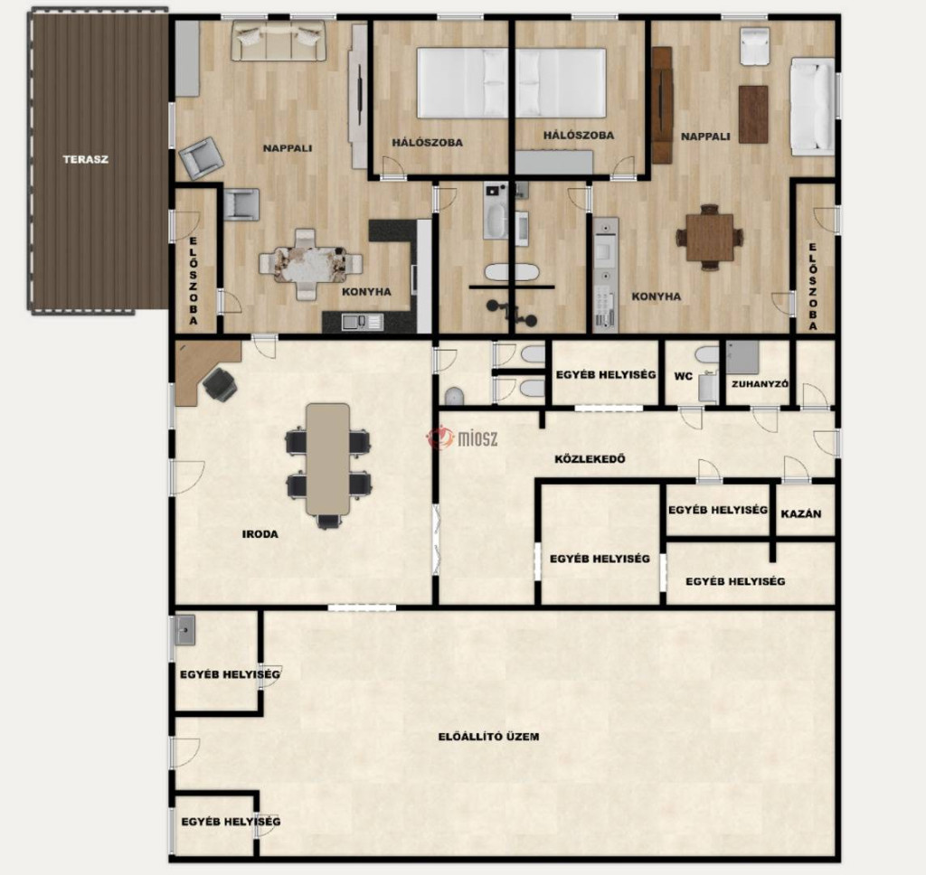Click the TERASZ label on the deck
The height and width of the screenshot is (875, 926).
click(x=86, y=159)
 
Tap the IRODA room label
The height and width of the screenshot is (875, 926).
click(x=260, y=534)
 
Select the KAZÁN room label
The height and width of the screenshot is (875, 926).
click(x=801, y=514)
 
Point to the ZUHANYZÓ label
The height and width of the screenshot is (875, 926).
click(x=760, y=384)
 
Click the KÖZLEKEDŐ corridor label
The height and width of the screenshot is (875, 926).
click(x=590, y=459)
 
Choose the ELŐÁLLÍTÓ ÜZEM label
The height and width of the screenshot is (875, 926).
click(x=489, y=737)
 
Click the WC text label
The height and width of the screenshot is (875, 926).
click(x=684, y=376)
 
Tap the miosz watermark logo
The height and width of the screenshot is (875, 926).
click(x=462, y=437)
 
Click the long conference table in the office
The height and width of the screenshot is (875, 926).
click(x=327, y=459)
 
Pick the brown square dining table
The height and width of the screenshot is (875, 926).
click(x=709, y=238)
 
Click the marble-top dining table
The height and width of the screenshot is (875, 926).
click(x=311, y=264)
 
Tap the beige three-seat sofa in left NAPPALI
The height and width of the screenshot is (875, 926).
click(x=279, y=40)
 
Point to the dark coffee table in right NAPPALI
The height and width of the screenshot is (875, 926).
click(x=753, y=115)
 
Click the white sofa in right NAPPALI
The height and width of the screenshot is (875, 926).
click(x=813, y=107)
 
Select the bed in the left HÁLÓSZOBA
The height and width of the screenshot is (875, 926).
click(x=462, y=83)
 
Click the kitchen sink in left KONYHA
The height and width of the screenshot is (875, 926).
click(x=354, y=322)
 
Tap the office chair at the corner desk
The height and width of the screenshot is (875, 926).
click(x=221, y=384)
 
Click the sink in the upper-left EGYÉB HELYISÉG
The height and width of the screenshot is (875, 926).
click(x=184, y=631)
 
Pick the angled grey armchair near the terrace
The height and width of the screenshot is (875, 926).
click(x=201, y=157)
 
